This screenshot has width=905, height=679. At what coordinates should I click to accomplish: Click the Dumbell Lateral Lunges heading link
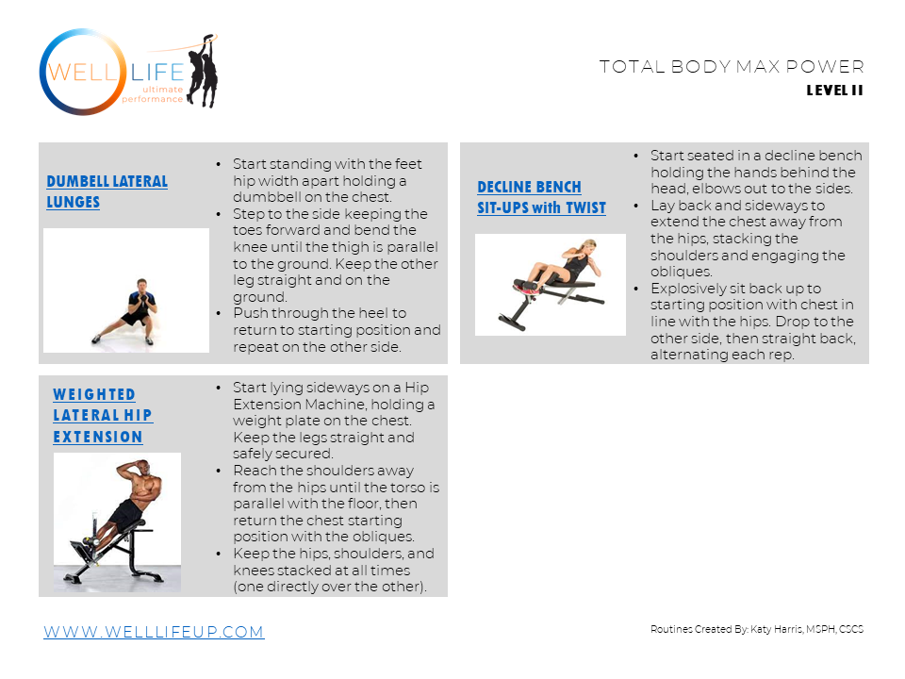coord(107,191)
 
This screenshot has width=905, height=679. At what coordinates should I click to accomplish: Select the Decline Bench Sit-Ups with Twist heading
coord(541,197)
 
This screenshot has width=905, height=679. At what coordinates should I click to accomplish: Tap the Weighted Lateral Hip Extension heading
coord(103,416)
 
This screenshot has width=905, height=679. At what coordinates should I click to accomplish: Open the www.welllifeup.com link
coord(154,632)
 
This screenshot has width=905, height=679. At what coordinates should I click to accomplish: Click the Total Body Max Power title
coord(732,66)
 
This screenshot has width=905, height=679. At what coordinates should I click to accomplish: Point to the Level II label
coord(834,91)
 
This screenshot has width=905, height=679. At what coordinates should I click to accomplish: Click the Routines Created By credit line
coord(757,629)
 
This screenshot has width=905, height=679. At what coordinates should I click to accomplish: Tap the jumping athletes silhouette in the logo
coord(203,71)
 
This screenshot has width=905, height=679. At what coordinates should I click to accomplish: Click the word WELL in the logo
coord(82,73)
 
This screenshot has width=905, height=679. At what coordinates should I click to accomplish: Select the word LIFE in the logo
coord(157,73)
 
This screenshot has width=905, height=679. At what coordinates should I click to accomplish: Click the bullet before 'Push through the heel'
coord(218,313)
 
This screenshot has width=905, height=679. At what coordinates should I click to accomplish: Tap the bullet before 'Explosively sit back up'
coord(636,289)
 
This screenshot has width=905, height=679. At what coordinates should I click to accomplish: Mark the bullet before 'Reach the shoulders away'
coord(218,472)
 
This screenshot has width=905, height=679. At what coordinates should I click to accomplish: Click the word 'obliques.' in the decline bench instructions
coord(681,272)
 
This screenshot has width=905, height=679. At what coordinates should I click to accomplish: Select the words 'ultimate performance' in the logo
coord(153,94)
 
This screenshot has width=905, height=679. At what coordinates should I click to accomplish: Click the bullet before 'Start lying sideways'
coord(218,388)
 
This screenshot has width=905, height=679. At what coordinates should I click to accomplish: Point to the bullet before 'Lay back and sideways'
coord(636,207)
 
